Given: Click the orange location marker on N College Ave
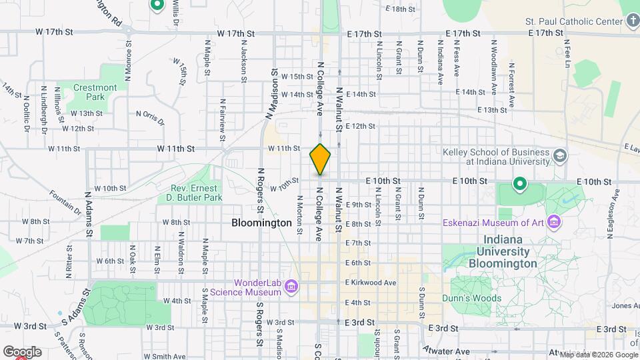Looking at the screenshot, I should (320, 159).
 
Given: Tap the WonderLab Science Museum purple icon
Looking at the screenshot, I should (291, 287).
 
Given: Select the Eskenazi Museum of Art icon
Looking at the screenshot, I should (552, 221).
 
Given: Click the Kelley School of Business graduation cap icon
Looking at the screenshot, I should (560, 155).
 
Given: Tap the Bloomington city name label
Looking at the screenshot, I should (262, 223).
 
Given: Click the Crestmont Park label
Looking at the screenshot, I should (95, 92).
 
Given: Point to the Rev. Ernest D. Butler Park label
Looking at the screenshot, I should (194, 193).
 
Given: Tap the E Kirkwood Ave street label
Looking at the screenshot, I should (371, 283).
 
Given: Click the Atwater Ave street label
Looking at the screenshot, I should (446, 351).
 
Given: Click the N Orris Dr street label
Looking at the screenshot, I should (150, 118).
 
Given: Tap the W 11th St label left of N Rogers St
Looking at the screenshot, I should (176, 148).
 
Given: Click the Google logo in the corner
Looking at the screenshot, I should (21, 351).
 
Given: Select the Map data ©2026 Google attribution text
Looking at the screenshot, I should (598, 355).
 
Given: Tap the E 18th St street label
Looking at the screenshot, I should (401, 9).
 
